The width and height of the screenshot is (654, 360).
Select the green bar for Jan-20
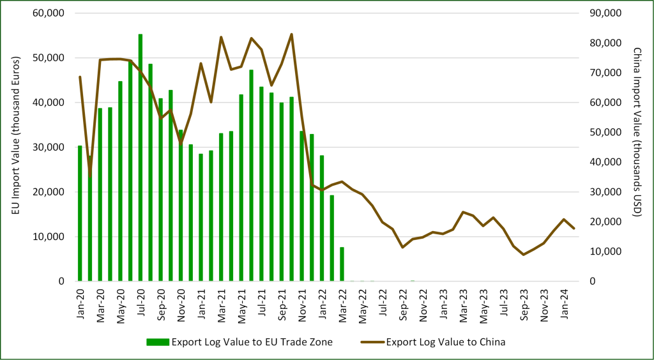[80, 213]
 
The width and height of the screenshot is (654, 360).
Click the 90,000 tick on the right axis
[604, 13]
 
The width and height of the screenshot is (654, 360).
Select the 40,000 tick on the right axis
[604, 162]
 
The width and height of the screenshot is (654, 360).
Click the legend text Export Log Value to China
[446, 342]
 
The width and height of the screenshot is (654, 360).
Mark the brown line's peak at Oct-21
[291, 34]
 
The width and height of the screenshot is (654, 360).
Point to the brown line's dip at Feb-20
[90, 174]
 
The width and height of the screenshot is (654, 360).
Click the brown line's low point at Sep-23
[523, 255]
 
